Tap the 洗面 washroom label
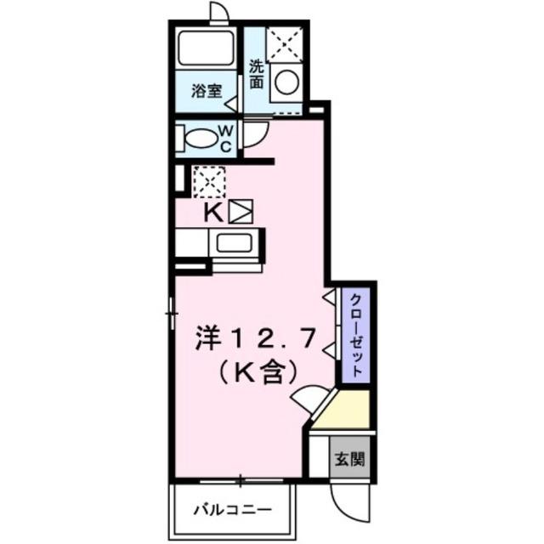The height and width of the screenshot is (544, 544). coord(257,74)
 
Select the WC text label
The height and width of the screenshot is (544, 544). coord(226,137)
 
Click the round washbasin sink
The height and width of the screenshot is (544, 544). coord(287,82)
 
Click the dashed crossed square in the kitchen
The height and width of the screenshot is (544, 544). coord(209,181)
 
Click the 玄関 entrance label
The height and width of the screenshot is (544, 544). coord(348,460)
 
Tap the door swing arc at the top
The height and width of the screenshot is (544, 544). coord(220,13)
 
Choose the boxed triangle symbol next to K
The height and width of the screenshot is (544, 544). coord(241,211)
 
